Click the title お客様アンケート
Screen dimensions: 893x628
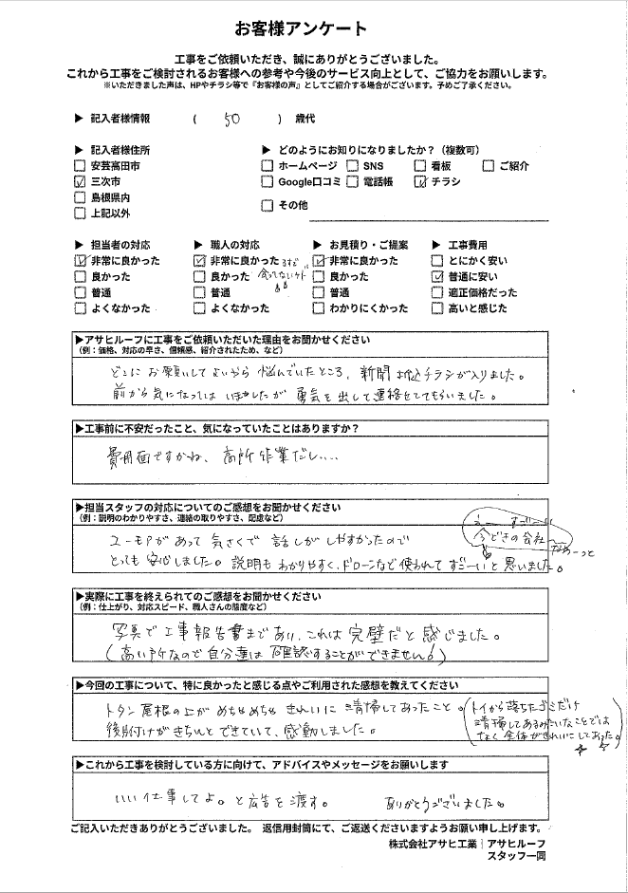[x=313, y=29]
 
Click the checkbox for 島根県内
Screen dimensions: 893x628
[x=80, y=197]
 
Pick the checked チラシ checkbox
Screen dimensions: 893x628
[x=421, y=181]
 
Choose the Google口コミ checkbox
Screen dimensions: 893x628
[x=268, y=181]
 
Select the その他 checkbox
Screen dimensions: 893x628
[x=268, y=205]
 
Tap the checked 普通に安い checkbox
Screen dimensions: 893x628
[x=437, y=276]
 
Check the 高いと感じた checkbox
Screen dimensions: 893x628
[x=437, y=308]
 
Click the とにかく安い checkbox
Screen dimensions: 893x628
[x=437, y=260]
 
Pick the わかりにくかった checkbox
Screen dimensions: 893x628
[x=319, y=308]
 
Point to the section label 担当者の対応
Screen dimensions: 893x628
[x=120, y=244]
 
